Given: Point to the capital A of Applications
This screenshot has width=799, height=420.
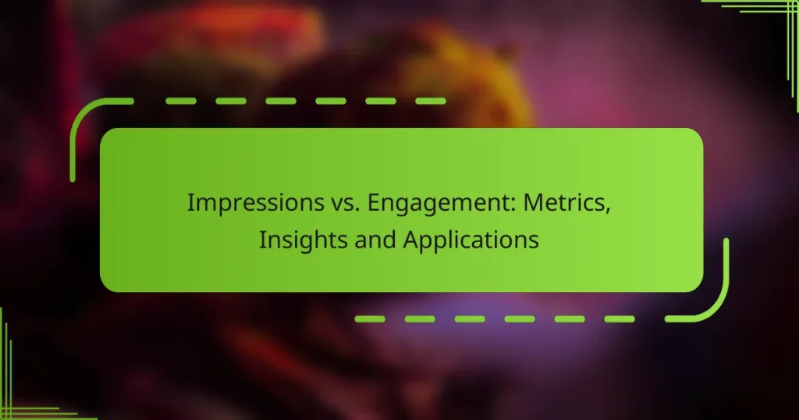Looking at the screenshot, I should [410, 240].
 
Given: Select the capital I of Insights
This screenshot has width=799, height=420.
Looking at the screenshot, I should [262, 240].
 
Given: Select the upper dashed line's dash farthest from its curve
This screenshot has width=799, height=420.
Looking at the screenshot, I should [429, 101].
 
